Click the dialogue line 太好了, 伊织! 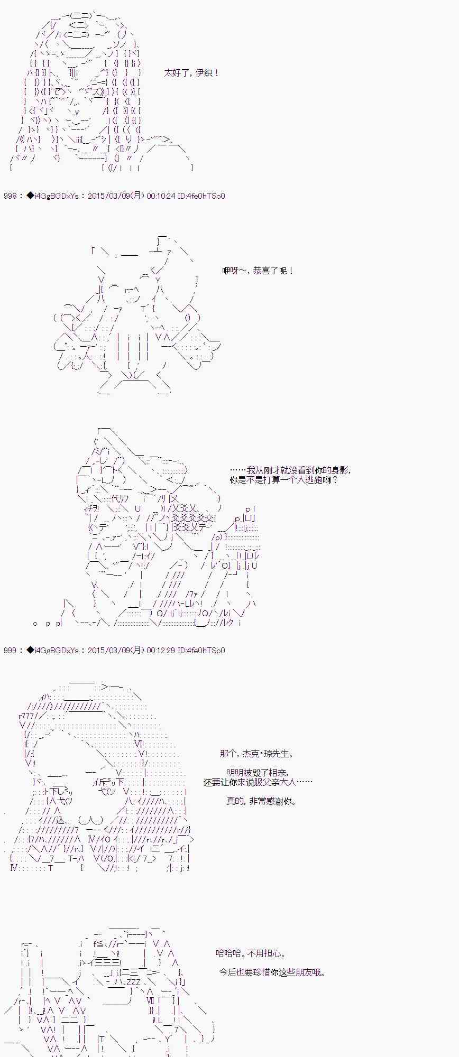point(191,73)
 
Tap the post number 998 point(10,196)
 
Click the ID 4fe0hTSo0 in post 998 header point(201,196)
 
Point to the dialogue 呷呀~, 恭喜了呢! point(258,271)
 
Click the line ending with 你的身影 point(290,470)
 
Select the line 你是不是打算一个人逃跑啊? point(283,480)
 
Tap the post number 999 point(10,651)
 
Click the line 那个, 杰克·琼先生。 point(256,754)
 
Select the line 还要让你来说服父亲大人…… point(258,782)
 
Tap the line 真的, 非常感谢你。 point(261,801)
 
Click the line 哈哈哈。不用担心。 point(251,953)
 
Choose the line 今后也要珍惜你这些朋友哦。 point(272,972)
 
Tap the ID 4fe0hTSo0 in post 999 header point(201,651)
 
